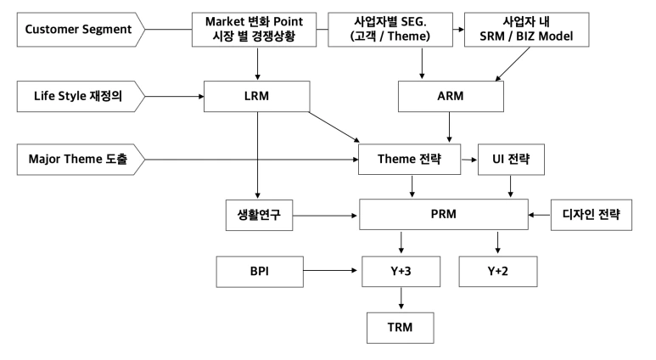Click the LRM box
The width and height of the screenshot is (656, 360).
point(255,96)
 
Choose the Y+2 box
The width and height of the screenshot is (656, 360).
point(497,273)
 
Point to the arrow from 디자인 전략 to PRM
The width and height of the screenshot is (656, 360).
point(539,216)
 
